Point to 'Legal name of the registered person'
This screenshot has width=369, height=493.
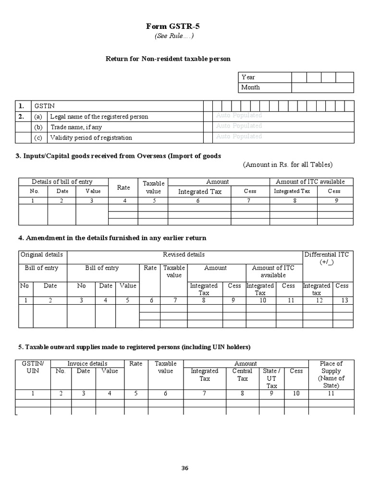click(x=99, y=117)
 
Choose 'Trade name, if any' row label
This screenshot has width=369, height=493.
click(x=76, y=127)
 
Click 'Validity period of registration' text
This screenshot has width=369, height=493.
click(x=91, y=138)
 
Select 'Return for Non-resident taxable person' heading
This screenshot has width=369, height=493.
click(x=168, y=59)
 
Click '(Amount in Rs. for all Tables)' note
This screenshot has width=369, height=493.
click(x=287, y=165)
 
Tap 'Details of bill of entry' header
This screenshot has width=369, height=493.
click(x=62, y=182)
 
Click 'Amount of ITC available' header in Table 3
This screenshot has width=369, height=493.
click(x=310, y=182)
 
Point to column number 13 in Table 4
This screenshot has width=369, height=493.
click(x=342, y=300)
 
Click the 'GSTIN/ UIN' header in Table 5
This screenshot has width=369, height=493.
click(x=33, y=367)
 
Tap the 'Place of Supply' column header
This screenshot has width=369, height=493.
click(x=331, y=375)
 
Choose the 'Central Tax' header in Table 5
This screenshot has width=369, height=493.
click(x=242, y=375)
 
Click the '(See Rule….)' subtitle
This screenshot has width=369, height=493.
click(x=174, y=37)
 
